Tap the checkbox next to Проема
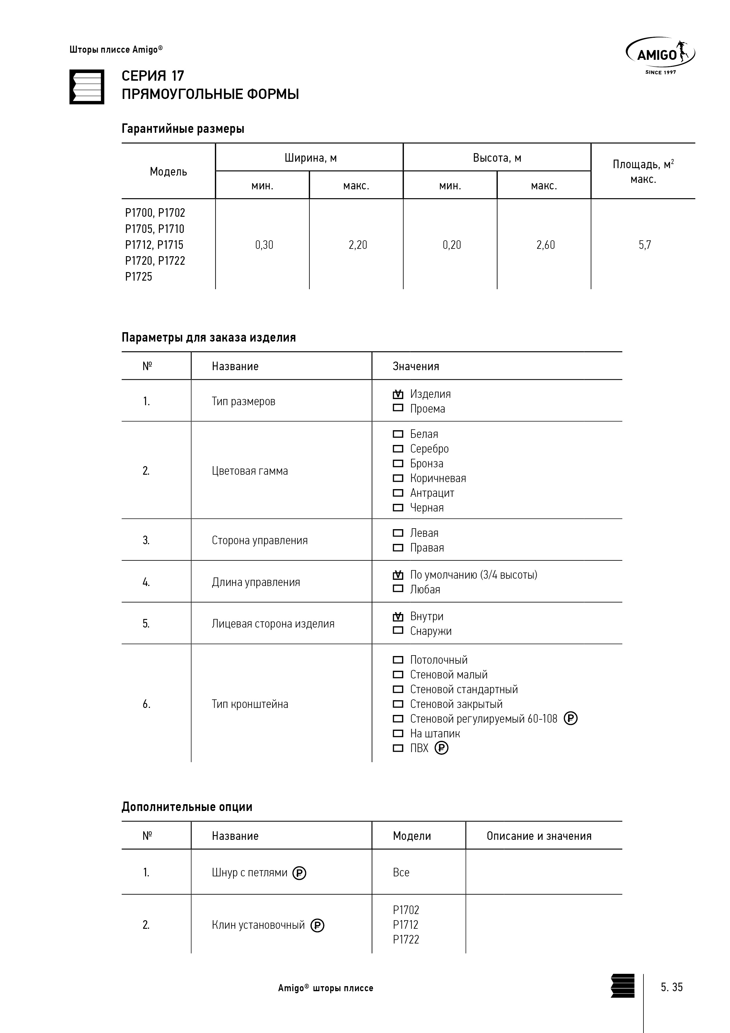tap(398, 408)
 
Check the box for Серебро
tap(398, 448)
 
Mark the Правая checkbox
tap(398, 547)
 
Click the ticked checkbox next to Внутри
tap(398, 616)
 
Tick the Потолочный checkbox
tap(398, 660)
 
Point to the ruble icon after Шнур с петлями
tap(299, 873)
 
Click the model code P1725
tap(139, 277)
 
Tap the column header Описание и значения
tap(539, 836)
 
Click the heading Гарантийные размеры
tap(182, 129)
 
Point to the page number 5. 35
tap(671, 987)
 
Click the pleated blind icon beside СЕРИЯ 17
tap(87, 87)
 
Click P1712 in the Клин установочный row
tap(405, 925)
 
